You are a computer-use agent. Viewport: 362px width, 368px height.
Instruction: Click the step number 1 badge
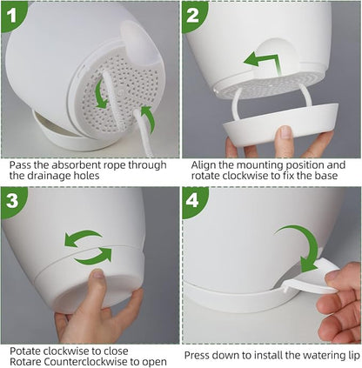[x=11, y=15]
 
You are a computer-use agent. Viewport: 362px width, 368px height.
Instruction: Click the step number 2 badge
[x=192, y=15]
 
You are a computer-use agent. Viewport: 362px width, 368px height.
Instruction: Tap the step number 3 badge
[x=11, y=200]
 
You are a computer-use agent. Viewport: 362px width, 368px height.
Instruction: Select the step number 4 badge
[x=192, y=201]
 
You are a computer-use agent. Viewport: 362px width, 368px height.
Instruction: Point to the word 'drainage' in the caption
[x=48, y=176]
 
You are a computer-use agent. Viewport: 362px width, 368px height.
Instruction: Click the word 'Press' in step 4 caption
[x=197, y=355]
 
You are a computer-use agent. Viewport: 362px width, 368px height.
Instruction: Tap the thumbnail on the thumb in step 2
[x=285, y=131]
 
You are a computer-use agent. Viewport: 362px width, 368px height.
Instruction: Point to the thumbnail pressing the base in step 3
[x=97, y=273]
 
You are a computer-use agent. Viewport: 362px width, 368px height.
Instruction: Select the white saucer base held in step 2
[x=279, y=124]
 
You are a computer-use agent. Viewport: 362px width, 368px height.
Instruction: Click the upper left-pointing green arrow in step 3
[x=83, y=238]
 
